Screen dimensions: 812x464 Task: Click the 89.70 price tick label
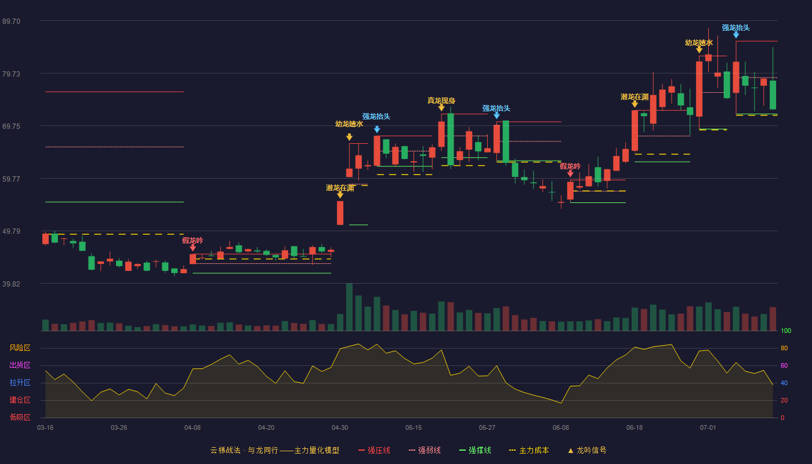click(x=11, y=21)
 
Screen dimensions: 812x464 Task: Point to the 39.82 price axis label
click(x=11, y=284)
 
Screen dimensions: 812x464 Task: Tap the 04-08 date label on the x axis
click(x=193, y=428)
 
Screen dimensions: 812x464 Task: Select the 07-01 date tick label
click(x=708, y=428)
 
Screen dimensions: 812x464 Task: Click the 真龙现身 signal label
click(x=441, y=100)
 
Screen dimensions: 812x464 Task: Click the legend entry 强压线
click(x=375, y=450)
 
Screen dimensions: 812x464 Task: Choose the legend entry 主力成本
click(x=529, y=450)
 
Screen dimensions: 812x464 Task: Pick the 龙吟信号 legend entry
click(x=587, y=450)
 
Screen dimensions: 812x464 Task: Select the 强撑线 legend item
click(x=475, y=450)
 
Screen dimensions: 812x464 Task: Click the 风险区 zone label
click(x=20, y=348)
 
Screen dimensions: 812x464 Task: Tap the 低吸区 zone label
click(x=20, y=418)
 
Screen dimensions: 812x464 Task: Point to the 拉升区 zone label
click(x=20, y=383)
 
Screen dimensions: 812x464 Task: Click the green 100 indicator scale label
click(x=786, y=331)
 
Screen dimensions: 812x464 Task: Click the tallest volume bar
click(x=349, y=307)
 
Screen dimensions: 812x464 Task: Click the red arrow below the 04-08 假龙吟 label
click(x=193, y=248)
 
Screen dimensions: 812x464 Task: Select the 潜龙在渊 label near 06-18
click(x=635, y=97)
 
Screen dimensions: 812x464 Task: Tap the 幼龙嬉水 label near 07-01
click(x=699, y=43)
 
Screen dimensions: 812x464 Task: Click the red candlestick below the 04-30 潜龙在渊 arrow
click(x=340, y=213)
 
